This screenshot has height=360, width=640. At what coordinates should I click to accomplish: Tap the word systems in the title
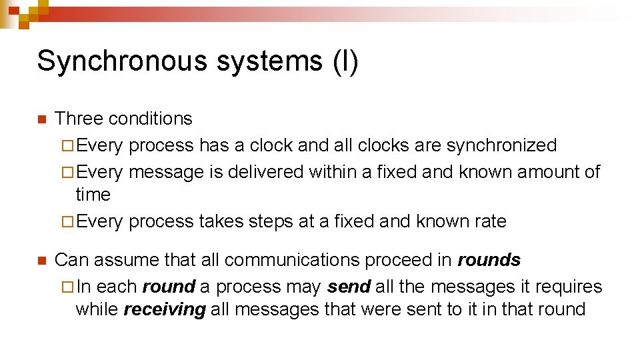tap(269, 61)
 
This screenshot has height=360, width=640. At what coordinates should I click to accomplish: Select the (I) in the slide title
tap(345, 61)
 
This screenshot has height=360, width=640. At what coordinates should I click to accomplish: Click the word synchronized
tap(501, 145)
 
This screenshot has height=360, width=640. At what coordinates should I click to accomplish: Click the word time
tap(93, 195)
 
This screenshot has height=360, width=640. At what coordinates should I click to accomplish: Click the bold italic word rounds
tap(489, 260)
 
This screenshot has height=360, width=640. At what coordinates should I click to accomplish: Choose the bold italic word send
tap(349, 287)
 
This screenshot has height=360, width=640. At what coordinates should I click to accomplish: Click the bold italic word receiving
tap(165, 310)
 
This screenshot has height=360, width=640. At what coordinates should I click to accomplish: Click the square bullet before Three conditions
tap(40, 120)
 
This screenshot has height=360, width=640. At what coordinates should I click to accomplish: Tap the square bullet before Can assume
tap(40, 261)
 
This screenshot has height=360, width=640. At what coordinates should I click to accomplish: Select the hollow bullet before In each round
tap(65, 287)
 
